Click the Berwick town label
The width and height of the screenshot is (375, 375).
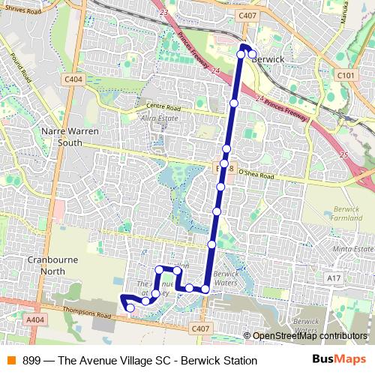point(270,57)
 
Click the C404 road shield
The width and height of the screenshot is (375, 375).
point(73,79)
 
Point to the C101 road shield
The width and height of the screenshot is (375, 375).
point(346,76)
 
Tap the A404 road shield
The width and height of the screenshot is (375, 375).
point(34,319)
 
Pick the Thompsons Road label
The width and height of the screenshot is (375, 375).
point(83,316)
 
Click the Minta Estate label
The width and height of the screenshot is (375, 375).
point(352,248)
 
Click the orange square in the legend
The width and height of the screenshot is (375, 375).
point(10,361)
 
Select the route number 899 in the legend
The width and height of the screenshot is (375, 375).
point(32,361)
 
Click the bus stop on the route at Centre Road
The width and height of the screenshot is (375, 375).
point(233,103)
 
